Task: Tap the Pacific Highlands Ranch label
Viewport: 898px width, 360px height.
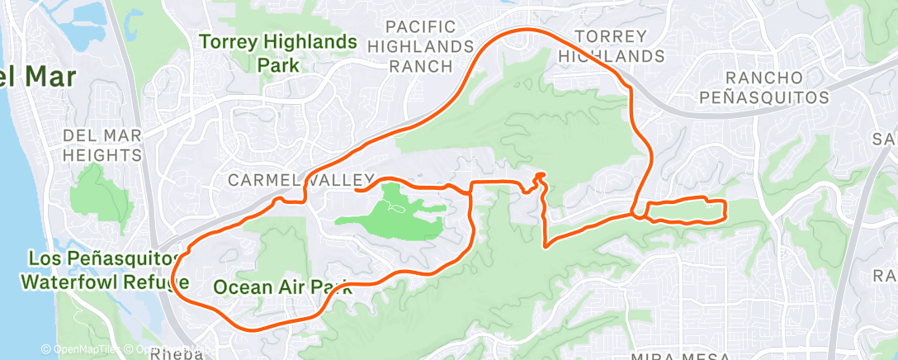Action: pyautogui.click(x=420, y=46)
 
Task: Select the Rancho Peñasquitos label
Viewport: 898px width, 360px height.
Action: pyautogui.click(x=763, y=87)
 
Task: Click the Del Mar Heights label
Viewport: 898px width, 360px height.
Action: pyautogui.click(x=102, y=144)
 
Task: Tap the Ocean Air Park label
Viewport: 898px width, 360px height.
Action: pyautogui.click(x=283, y=287)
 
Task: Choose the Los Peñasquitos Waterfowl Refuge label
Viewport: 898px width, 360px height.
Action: pyautogui.click(x=101, y=270)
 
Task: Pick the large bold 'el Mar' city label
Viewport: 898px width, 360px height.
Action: pyautogui.click(x=39, y=78)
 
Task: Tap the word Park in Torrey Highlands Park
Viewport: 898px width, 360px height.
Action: pyautogui.click(x=277, y=64)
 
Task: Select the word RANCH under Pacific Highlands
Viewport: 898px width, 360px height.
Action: pyautogui.click(x=420, y=66)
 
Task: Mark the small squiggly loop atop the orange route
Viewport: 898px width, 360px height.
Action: pyautogui.click(x=539, y=177)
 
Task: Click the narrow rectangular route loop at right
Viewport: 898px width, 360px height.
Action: pyautogui.click(x=684, y=211)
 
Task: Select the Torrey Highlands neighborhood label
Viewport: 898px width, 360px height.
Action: pyautogui.click(x=611, y=46)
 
